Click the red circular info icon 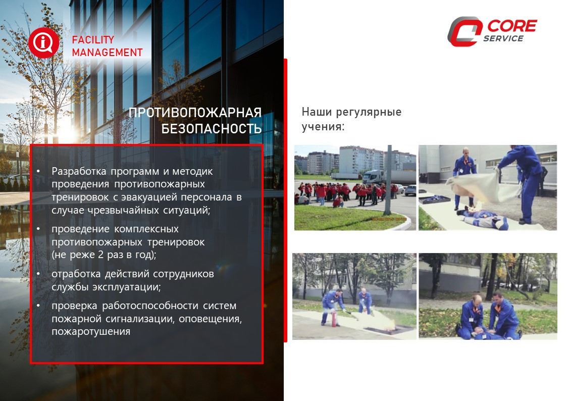pyautogui.click(x=43, y=42)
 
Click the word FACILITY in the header pyautogui.click(x=93, y=39)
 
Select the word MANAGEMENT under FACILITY pyautogui.click(x=107, y=53)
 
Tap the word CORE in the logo pyautogui.click(x=512, y=26)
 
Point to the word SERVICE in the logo pyautogui.click(x=503, y=38)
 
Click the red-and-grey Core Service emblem pyautogui.click(x=465, y=31)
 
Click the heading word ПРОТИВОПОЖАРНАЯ pyautogui.click(x=195, y=113)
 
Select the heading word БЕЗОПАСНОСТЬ pyautogui.click(x=211, y=128)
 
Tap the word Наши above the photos pyautogui.click(x=317, y=112)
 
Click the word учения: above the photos pyautogui.click(x=323, y=127)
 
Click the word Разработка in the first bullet pyautogui.click(x=79, y=171)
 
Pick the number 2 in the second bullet pyautogui.click(x=101, y=255)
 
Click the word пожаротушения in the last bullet pyautogui.click(x=91, y=332)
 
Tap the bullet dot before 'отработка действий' pyautogui.click(x=38, y=274)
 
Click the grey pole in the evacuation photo pyautogui.click(x=388, y=180)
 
